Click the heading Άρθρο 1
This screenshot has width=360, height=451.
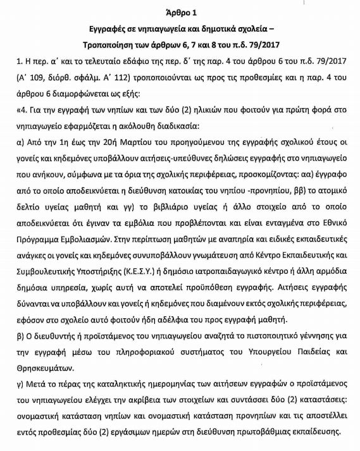(180, 11)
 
